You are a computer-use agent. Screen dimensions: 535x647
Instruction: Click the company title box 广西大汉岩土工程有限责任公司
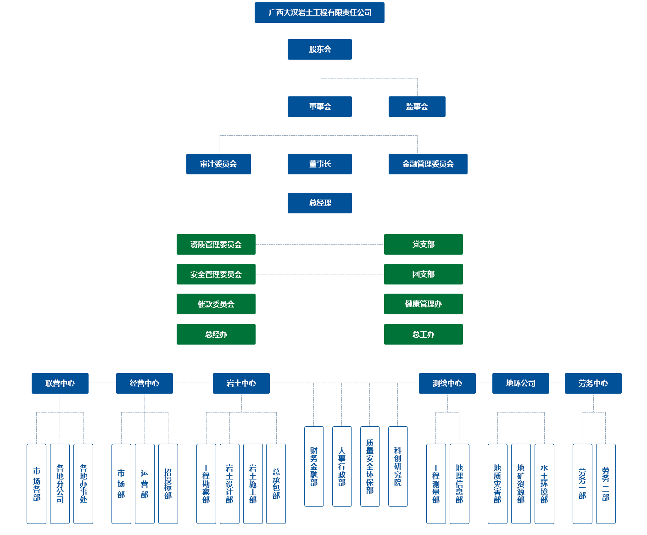click(x=319, y=12)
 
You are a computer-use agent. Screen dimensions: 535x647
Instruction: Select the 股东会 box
click(x=319, y=49)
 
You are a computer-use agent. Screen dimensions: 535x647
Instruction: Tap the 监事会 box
click(x=417, y=106)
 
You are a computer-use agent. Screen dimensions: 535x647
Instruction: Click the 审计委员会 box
click(x=218, y=164)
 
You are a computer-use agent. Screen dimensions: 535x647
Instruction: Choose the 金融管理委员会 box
click(x=428, y=164)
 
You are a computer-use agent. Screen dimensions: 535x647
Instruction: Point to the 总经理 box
click(x=319, y=203)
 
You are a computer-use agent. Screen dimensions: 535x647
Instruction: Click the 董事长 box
click(x=319, y=164)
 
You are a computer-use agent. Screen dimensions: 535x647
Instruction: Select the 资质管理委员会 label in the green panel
click(x=216, y=245)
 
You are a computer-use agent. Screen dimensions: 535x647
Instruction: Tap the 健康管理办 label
click(x=423, y=304)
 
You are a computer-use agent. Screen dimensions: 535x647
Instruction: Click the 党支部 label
click(x=423, y=245)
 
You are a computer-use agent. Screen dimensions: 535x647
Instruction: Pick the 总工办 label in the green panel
click(x=423, y=334)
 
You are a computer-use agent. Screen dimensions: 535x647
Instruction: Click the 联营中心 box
click(x=60, y=383)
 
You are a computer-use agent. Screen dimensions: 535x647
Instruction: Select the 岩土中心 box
click(x=241, y=383)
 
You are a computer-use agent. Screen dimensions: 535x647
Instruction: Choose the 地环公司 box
click(x=520, y=383)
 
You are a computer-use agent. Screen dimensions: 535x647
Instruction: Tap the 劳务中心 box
click(x=593, y=383)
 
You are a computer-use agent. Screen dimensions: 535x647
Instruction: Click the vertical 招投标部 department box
click(x=168, y=484)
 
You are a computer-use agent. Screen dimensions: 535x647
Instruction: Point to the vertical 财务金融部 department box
click(x=314, y=466)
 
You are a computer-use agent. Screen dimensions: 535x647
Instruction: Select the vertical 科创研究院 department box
click(x=398, y=466)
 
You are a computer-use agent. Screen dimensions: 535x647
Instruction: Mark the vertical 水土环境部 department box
click(x=544, y=484)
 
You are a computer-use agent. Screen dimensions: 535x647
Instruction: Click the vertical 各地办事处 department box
click(x=83, y=484)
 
